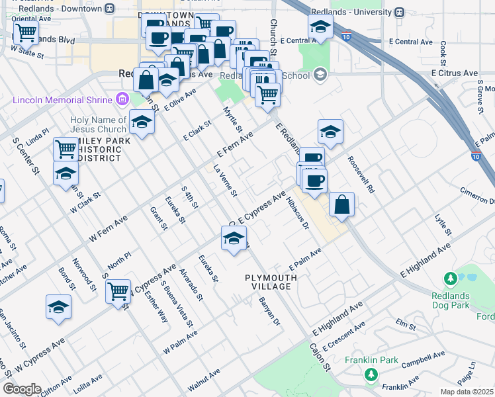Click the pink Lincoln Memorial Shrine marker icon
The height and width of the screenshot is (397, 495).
pyautogui.click(x=121, y=100)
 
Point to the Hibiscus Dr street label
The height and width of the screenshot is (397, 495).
pyautogui.click(x=299, y=213)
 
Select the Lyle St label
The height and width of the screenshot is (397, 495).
pyautogui.click(x=443, y=225)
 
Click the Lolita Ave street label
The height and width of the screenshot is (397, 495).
pyautogui.click(x=88, y=384)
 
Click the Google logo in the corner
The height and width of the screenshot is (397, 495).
pyautogui.click(x=22, y=389)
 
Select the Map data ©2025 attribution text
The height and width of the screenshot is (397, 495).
pyautogui.click(x=467, y=392)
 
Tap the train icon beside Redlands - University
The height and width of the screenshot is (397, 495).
pyautogui.click(x=399, y=12)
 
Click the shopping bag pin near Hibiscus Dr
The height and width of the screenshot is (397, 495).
pyautogui.click(x=341, y=205)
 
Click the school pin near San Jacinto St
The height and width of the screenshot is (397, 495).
pyautogui.click(x=58, y=308)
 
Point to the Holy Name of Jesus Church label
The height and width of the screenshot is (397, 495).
pyautogui.click(x=98, y=124)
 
